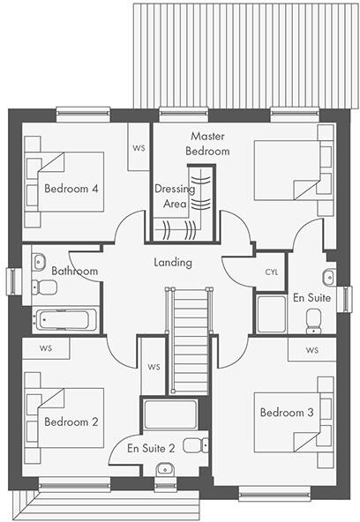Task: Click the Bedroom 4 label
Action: point(71,188)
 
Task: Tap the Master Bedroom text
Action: point(207,144)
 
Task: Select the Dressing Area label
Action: point(169,196)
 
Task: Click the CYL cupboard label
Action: point(271,272)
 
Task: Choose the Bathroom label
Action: point(74,271)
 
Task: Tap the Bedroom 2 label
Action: point(71,421)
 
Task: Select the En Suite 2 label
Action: point(151,448)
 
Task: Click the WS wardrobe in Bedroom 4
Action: point(139,147)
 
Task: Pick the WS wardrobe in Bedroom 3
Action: point(311,350)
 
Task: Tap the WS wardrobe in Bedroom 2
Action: point(45,348)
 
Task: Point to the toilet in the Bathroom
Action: point(44,287)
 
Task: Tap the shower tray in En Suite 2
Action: point(170,414)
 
